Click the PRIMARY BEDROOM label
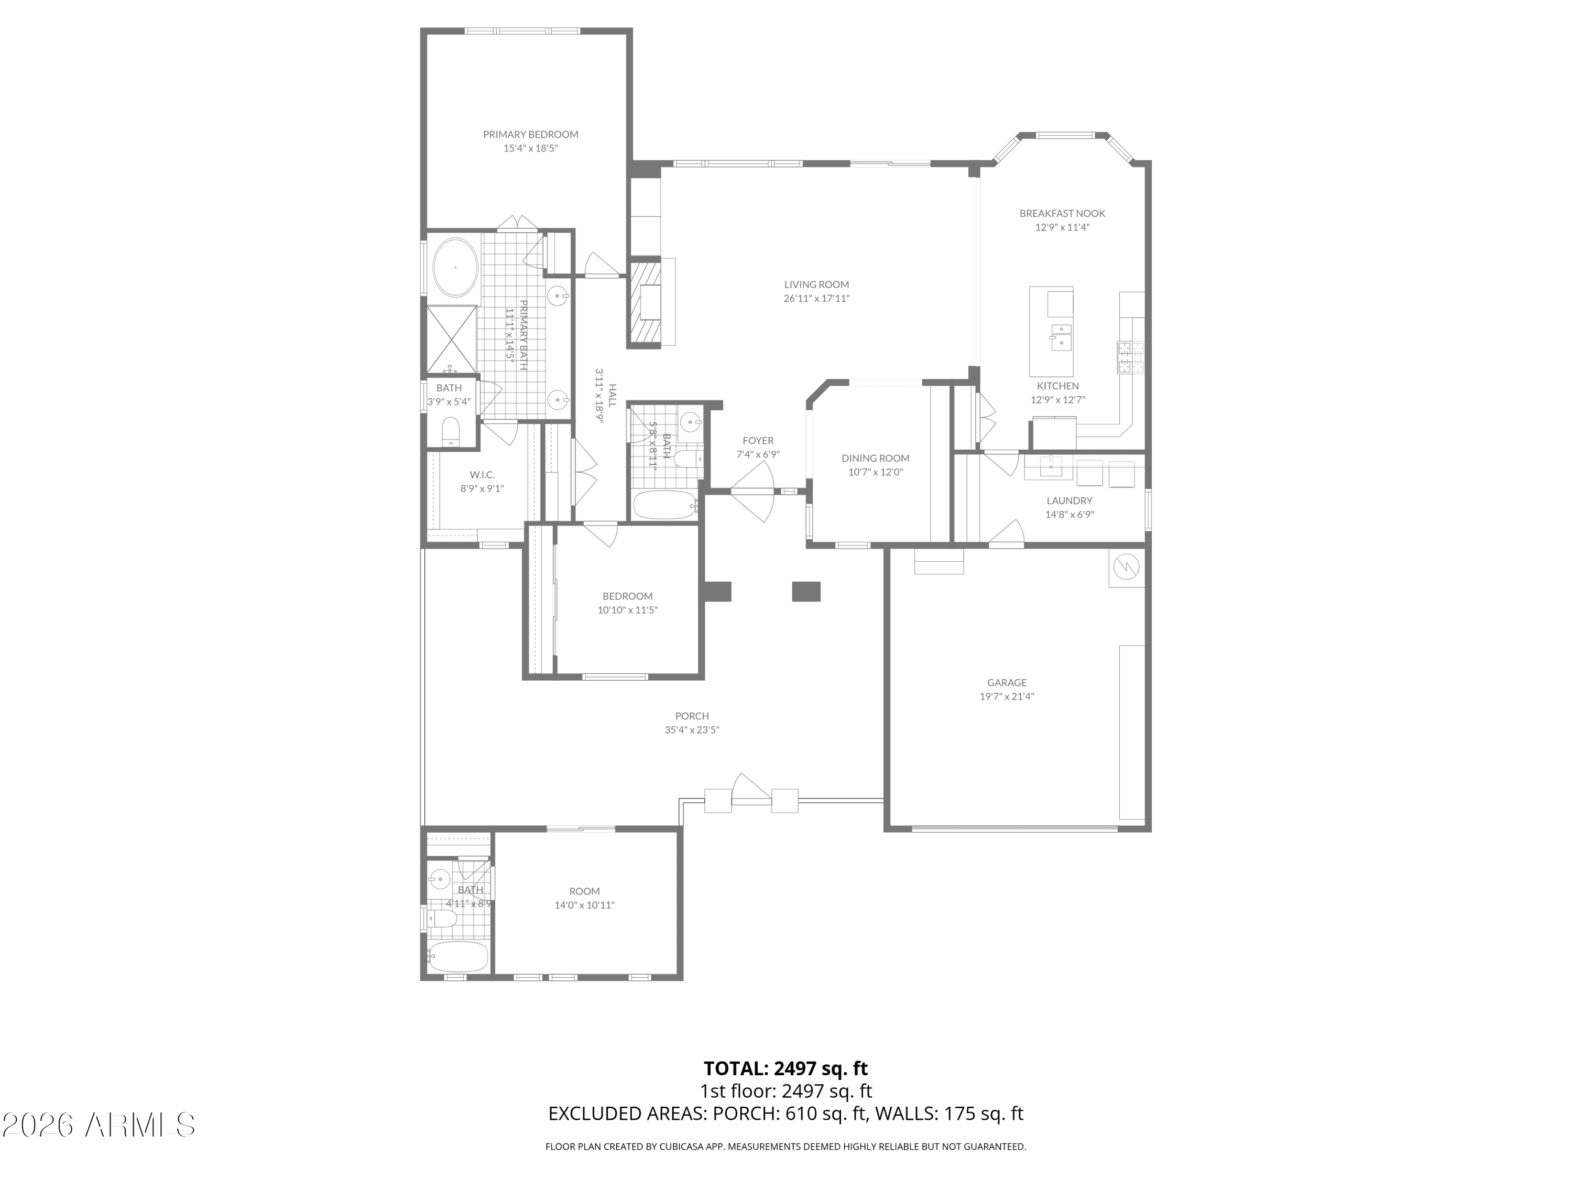coord(530,134)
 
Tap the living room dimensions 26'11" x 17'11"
coord(816,299)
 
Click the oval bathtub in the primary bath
coord(455,268)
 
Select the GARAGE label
coord(1006,683)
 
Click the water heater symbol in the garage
coord(1127,566)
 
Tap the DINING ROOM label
coord(876,458)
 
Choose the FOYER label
coord(758,441)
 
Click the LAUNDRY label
coord(1069,501)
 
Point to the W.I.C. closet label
coord(482,475)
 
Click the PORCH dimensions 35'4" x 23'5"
coord(692,730)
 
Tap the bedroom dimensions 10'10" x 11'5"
coord(628,610)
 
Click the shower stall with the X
coord(451,339)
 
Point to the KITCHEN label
coord(1057,386)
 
